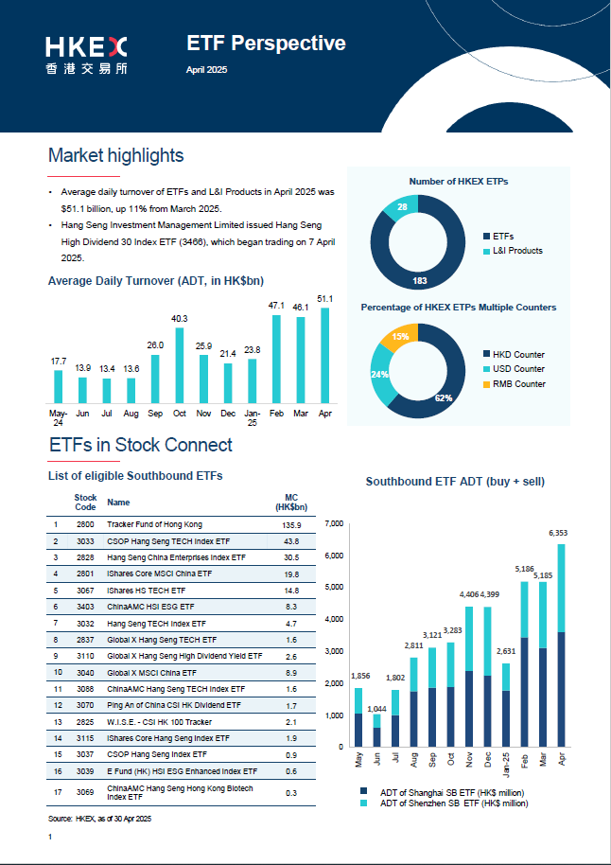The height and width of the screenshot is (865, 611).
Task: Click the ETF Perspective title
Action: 266,43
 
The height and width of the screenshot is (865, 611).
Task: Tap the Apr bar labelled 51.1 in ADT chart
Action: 325,355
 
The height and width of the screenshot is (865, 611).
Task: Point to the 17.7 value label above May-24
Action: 58,362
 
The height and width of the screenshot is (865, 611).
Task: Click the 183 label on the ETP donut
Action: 419,281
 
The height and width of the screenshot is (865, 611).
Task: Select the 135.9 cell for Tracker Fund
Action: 292,524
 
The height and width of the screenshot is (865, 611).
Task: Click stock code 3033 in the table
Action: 85,541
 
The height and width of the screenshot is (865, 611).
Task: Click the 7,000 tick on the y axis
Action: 333,523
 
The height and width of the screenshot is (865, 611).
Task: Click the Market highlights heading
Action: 115,155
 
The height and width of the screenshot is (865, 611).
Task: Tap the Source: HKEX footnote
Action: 100,817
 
